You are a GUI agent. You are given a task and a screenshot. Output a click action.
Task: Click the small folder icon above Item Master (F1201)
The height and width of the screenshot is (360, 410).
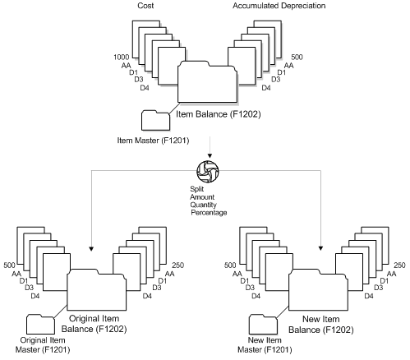tap(154, 120)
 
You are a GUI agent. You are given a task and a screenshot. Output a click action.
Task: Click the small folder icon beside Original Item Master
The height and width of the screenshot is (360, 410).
tap(40, 322)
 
